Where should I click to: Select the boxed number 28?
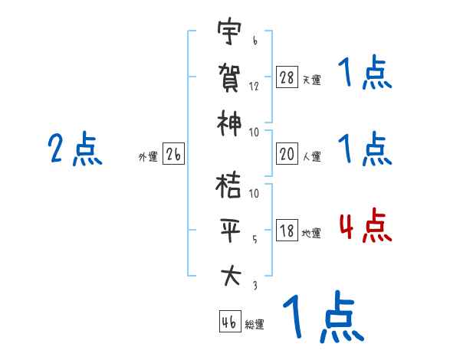[x=287, y=77]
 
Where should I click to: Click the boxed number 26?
[x=173, y=155]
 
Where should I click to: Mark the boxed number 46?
[x=229, y=322]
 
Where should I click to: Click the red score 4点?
[x=365, y=228]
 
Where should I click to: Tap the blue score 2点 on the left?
[x=75, y=149]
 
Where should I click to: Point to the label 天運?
[x=311, y=80]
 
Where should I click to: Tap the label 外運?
[x=147, y=157]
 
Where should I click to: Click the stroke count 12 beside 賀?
[x=254, y=86]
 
